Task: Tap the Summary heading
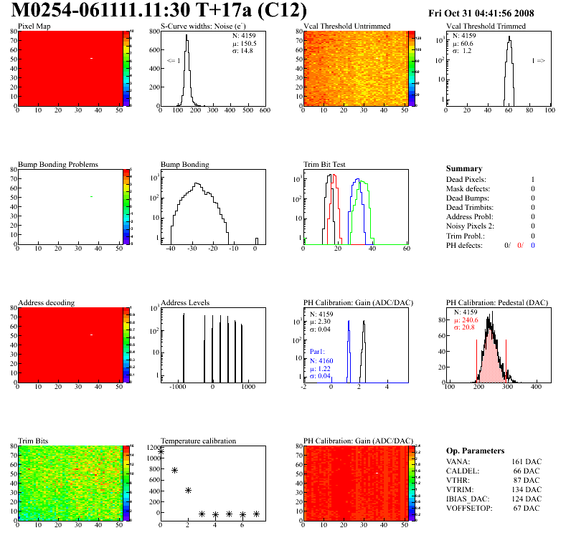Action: tap(464, 169)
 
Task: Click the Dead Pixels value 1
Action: tap(533, 180)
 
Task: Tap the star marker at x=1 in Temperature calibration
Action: tap(174, 471)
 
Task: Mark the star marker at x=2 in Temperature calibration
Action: tap(188, 491)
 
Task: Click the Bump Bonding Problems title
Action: tap(58, 165)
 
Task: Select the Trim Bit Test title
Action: tap(325, 165)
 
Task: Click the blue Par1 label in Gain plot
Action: tap(318, 352)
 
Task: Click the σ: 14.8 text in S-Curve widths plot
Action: tap(242, 50)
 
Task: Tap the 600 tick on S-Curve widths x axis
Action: tap(264, 111)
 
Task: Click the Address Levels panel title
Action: tap(185, 303)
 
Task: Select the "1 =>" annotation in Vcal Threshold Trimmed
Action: tap(538, 61)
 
